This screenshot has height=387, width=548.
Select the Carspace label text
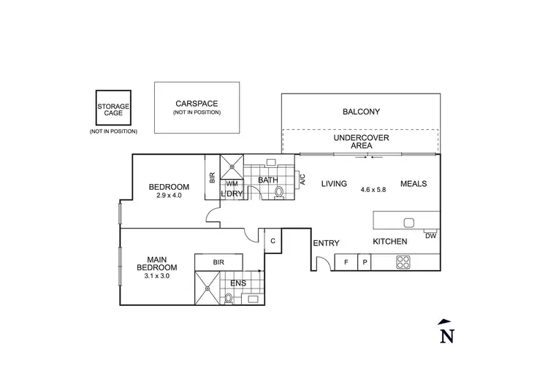click(197, 104)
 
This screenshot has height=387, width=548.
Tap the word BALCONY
click(362, 112)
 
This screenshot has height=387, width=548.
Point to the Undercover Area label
click(361, 142)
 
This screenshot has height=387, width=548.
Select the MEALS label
click(413, 183)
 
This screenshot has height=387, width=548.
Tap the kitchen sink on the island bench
click(409, 222)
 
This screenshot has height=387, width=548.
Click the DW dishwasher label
click(430, 235)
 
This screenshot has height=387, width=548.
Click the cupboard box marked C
click(273, 240)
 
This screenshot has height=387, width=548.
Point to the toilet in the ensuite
click(229, 297)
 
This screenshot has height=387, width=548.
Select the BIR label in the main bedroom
click(218, 261)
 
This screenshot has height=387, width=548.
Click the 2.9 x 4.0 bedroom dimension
click(169, 196)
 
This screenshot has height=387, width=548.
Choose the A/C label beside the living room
click(302, 180)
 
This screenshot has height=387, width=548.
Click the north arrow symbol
click(444, 332)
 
